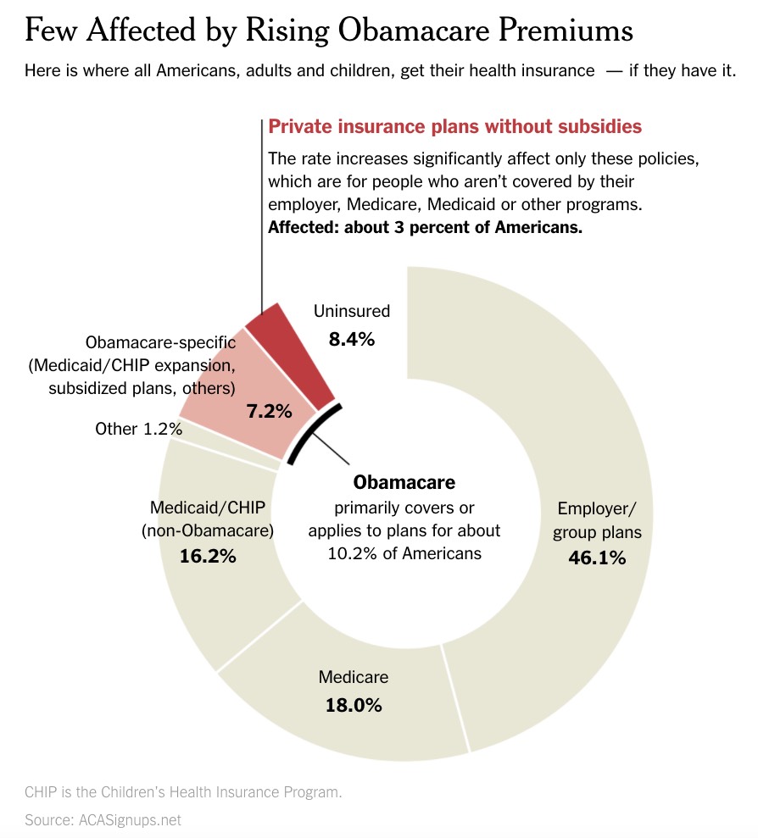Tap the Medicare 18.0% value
pyautogui.click(x=354, y=704)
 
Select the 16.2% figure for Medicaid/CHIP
pyautogui.click(x=208, y=557)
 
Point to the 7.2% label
pyautogui.click(x=269, y=412)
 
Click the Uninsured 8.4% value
pyautogui.click(x=351, y=339)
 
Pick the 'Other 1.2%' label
pyautogui.click(x=138, y=429)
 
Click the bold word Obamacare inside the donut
pyautogui.click(x=404, y=482)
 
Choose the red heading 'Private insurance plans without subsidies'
pyautogui.click(x=454, y=127)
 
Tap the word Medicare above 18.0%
pyautogui.click(x=354, y=677)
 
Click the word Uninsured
pyautogui.click(x=351, y=311)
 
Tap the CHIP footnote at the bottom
pyautogui.click(x=183, y=792)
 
